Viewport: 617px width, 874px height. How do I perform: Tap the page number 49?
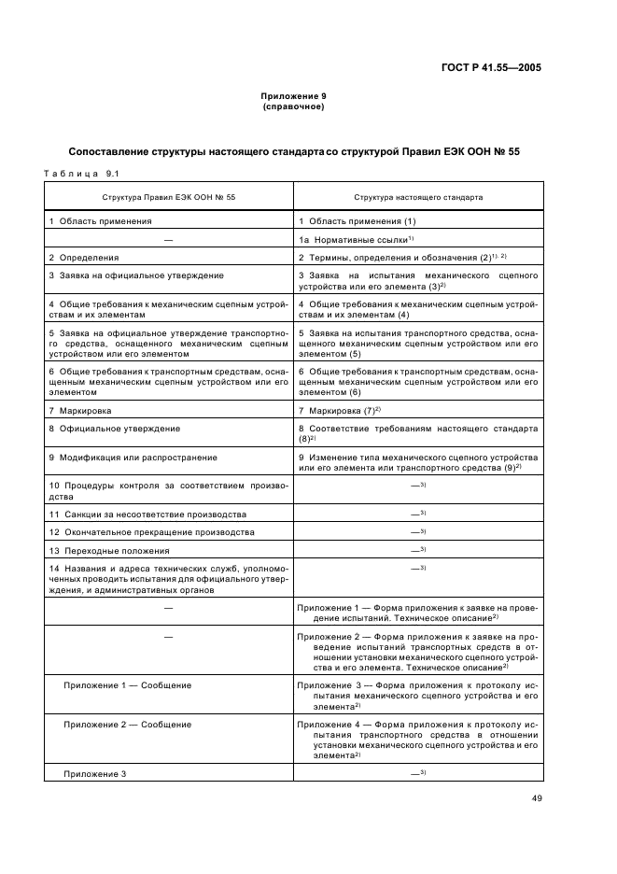[535, 796]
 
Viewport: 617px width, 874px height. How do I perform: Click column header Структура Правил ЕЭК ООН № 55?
[169, 198]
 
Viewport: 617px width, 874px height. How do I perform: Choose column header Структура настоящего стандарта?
[417, 198]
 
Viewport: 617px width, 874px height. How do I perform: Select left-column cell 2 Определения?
[82, 257]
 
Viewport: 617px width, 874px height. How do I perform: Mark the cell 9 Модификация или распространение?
[133, 458]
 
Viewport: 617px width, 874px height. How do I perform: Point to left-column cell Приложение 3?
[94, 774]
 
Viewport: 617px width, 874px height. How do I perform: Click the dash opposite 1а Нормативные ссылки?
[169, 239]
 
